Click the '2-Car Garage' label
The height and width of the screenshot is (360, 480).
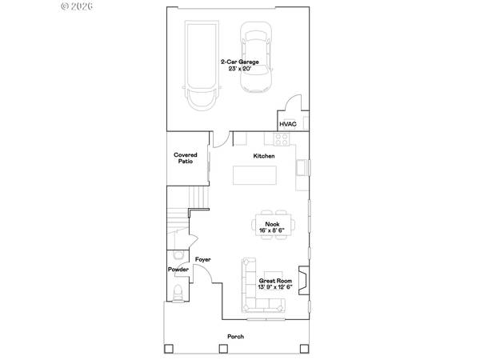[238, 61]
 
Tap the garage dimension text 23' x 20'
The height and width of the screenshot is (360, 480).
[238, 69]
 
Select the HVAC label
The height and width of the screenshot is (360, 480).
[288, 124]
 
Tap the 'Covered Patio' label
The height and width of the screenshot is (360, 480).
[186, 158]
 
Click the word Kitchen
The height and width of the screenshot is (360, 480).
[264, 155]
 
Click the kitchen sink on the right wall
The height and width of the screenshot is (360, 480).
[302, 168]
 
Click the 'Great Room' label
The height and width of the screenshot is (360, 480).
[275, 281]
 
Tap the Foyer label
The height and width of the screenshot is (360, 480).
[202, 260]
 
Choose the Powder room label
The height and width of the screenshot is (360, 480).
[178, 270]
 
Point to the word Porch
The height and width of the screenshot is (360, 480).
[235, 337]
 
